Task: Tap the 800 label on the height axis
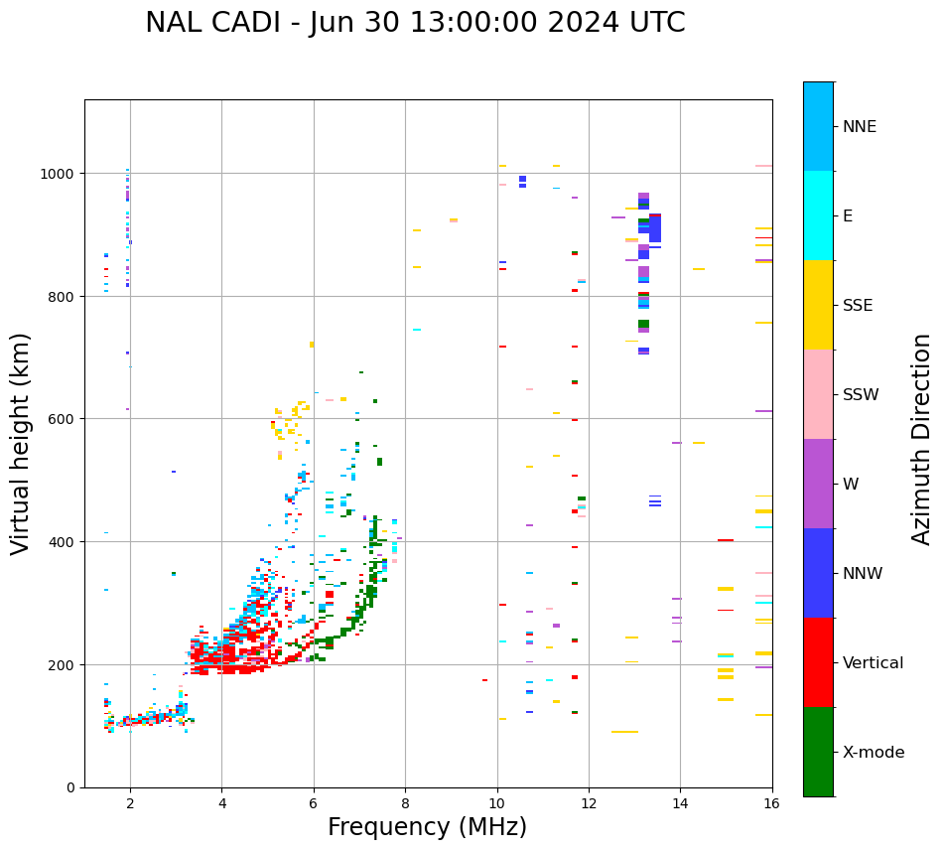(64, 297)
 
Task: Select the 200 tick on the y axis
(64, 664)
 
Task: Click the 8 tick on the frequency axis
(405, 802)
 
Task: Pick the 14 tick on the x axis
(680, 802)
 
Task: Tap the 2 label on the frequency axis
(130, 802)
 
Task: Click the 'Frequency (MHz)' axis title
(427, 828)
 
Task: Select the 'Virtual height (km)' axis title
(21, 443)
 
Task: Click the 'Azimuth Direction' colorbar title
(922, 439)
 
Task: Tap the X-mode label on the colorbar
(874, 753)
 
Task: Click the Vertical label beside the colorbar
(873, 663)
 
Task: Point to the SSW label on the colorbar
(861, 395)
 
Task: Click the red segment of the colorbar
(818, 662)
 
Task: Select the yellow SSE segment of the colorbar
(818, 305)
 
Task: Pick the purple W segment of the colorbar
(818, 484)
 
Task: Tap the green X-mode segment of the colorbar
(818, 752)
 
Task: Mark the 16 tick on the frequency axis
(771, 802)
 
